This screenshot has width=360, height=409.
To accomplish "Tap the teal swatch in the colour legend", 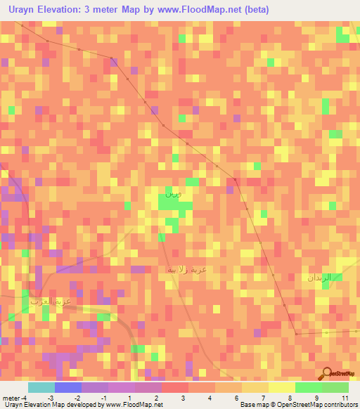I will click(41, 387).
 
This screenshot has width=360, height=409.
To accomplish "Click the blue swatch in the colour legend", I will click(68, 387).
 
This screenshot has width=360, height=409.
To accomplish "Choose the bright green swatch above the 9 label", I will click(309, 387).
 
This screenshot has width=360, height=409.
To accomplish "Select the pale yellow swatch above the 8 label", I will click(282, 387).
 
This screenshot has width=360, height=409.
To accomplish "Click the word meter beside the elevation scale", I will click(10, 398).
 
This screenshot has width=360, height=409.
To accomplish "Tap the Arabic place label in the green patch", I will click(172, 192).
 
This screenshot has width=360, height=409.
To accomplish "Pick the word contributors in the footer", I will click(340, 405).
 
